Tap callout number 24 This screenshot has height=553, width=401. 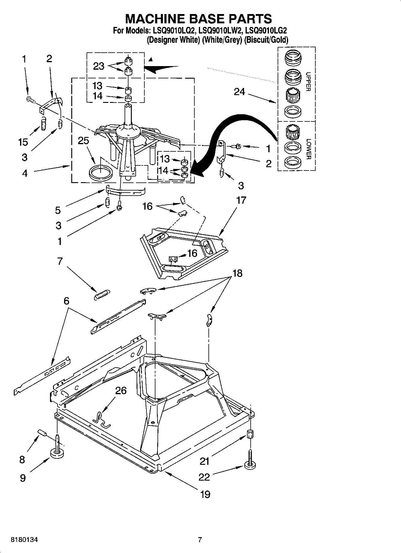(239, 92)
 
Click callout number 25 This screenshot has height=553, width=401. (83, 140)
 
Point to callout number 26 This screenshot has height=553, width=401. (121, 391)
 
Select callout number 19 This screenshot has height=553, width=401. (205, 494)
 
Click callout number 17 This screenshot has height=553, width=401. (241, 200)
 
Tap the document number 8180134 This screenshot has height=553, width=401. (24, 540)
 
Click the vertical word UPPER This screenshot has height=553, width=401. (308, 81)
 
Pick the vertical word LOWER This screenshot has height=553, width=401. (308, 149)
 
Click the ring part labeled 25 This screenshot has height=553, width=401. (101, 173)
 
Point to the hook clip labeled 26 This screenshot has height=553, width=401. (102, 419)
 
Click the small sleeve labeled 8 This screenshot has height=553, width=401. (43, 433)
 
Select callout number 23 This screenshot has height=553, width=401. (99, 66)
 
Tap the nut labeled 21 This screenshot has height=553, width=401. (249, 434)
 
